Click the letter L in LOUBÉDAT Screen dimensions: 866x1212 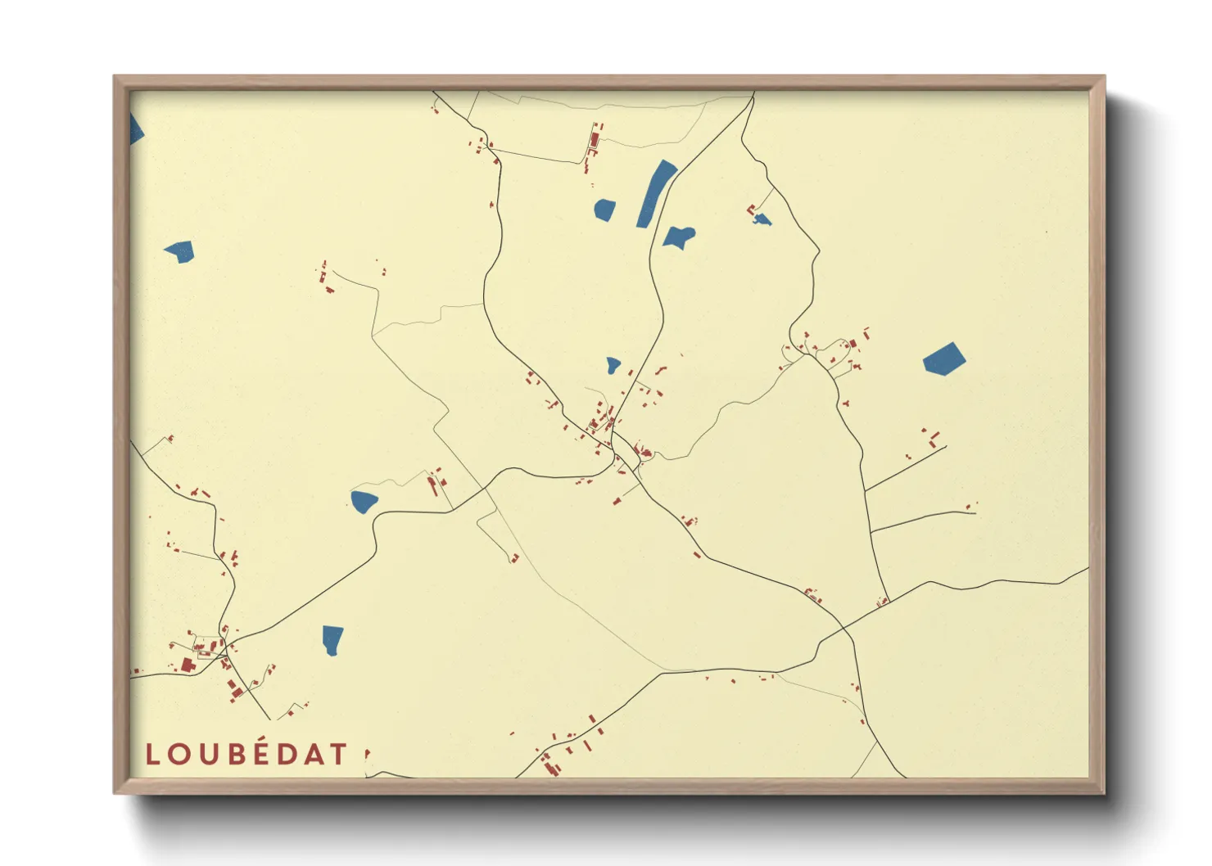[151, 755]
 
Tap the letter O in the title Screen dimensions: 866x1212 [180, 755]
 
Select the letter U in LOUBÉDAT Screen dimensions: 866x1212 [211, 755]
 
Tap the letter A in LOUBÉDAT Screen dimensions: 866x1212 [318, 755]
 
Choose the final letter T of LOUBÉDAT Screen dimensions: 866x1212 [340, 755]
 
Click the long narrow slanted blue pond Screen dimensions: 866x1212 [657, 193]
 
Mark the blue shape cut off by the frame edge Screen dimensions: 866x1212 [135, 129]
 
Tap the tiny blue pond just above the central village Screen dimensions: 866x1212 [613, 365]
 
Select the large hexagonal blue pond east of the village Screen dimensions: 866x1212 [944, 359]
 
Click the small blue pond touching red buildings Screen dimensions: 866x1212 [762, 219]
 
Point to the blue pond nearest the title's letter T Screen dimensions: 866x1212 [332, 639]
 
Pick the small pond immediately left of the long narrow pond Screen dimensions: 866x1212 [604, 210]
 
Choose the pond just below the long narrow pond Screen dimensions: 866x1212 [679, 237]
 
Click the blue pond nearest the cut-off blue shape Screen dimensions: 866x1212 [179, 250]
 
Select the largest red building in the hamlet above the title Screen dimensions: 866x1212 [187, 665]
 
